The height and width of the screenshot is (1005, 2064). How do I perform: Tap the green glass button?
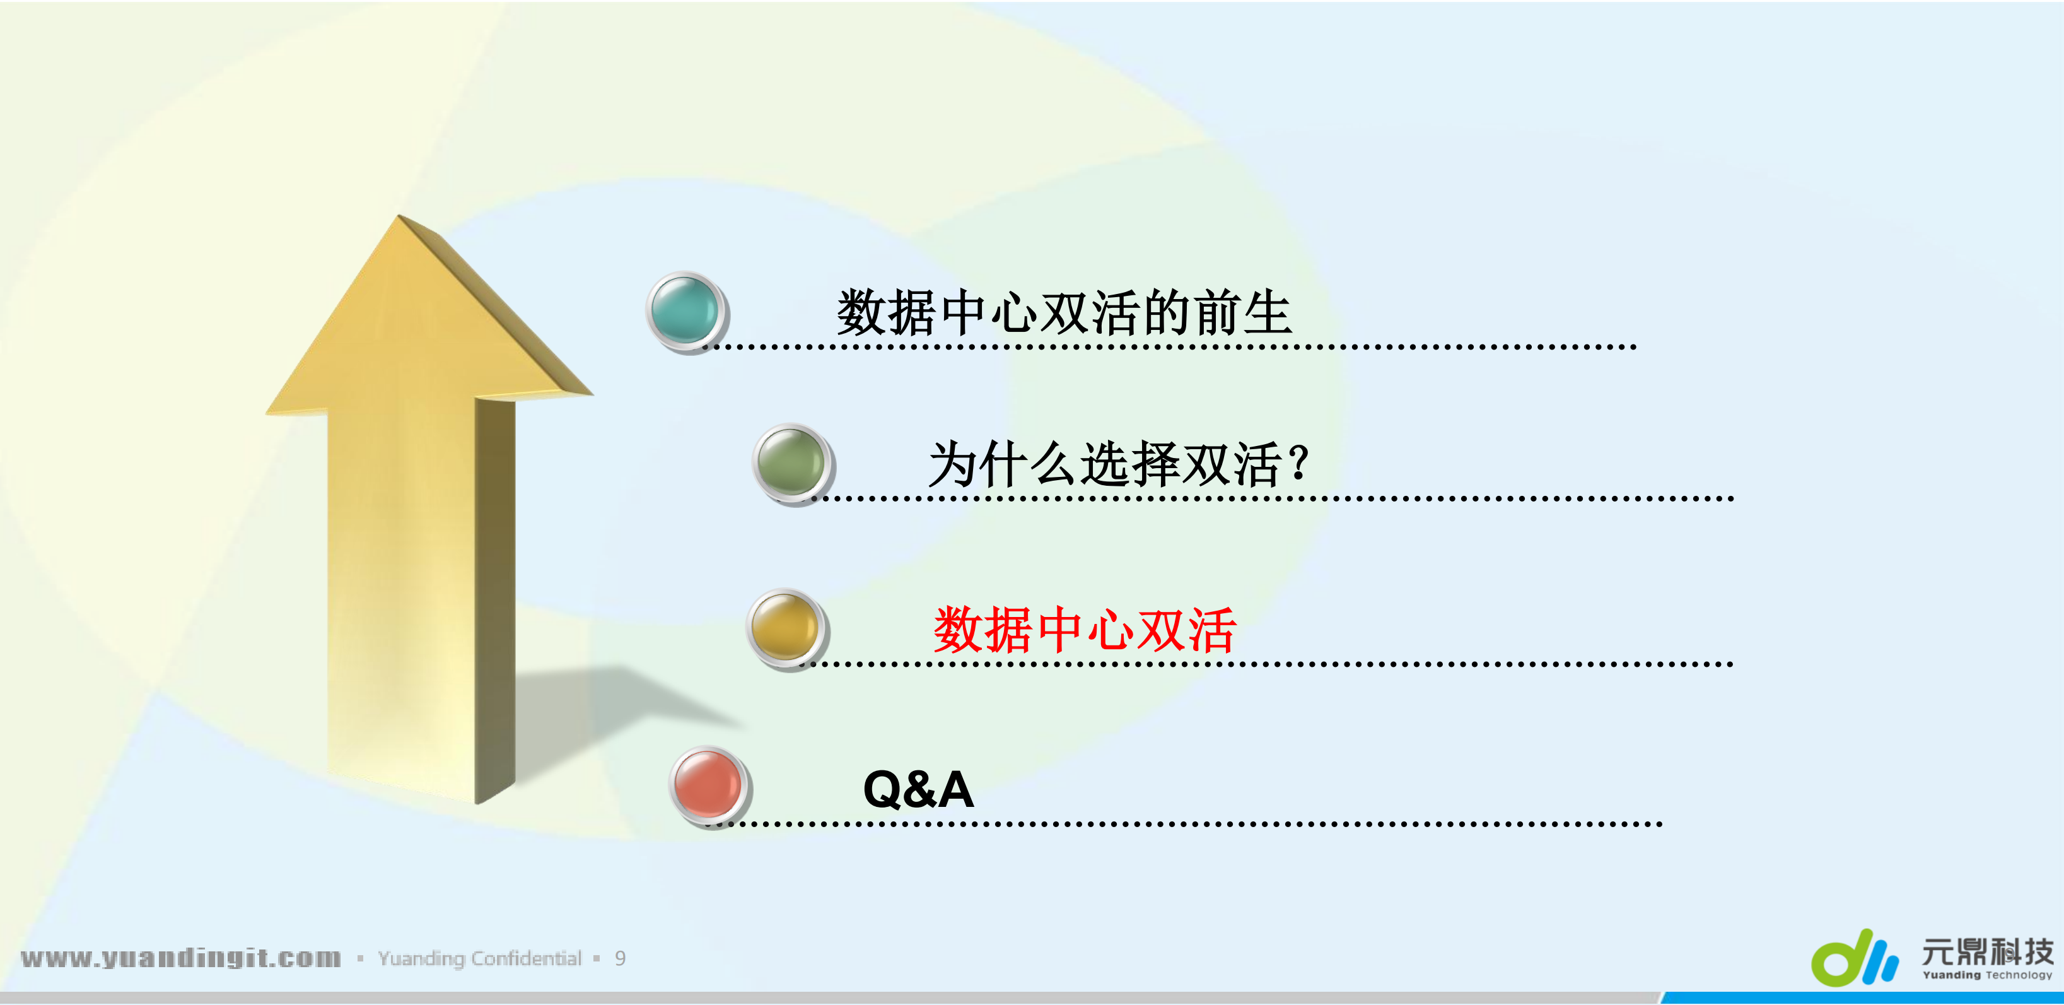click(791, 463)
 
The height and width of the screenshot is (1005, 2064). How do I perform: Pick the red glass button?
click(709, 786)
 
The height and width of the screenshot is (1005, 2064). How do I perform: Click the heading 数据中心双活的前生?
click(1063, 312)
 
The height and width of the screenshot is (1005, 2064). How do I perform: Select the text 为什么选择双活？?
click(1117, 464)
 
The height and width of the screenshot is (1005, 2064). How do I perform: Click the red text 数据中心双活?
click(1084, 630)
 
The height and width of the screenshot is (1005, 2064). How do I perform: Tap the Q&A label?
click(918, 789)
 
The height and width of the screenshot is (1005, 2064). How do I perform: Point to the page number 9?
click(620, 958)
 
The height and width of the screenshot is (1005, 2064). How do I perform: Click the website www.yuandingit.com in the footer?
click(181, 958)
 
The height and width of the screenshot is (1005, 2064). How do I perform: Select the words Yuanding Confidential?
click(479, 958)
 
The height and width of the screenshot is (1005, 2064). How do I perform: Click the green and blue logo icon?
click(1854, 958)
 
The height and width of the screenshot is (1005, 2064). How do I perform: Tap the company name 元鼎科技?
click(1987, 951)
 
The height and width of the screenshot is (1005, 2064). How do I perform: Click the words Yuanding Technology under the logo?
click(1987, 975)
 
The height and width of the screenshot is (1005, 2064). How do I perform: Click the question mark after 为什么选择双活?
click(1300, 462)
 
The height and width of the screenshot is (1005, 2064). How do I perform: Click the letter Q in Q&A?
click(883, 789)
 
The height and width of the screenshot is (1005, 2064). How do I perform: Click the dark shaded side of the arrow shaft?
click(494, 601)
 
